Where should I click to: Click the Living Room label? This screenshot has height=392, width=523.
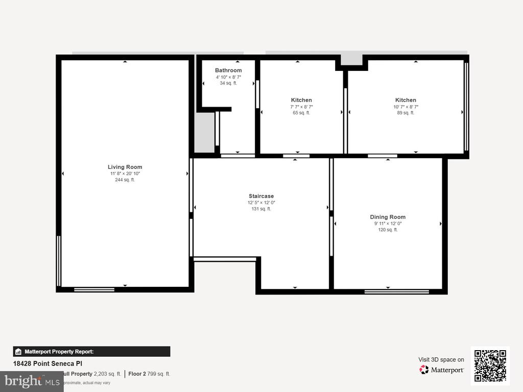(x=125, y=167)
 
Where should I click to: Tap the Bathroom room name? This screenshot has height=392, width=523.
(x=228, y=70)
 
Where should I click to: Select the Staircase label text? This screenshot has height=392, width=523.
(x=261, y=196)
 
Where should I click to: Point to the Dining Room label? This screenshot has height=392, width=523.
(x=387, y=217)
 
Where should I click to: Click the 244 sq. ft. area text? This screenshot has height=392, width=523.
(x=125, y=180)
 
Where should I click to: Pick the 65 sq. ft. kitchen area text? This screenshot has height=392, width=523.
(x=301, y=113)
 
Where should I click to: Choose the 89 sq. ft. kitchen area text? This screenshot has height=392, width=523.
(x=406, y=113)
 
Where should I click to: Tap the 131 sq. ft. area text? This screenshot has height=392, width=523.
(x=261, y=209)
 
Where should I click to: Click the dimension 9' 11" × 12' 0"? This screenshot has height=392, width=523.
(x=387, y=224)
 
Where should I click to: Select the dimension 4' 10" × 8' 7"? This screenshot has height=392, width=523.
(x=228, y=77)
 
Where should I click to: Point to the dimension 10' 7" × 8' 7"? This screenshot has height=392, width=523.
(x=406, y=107)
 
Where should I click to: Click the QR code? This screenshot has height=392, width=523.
(x=490, y=365)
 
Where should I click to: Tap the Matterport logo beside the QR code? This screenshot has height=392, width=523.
(x=442, y=370)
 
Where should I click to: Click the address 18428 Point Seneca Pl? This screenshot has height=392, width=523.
(x=47, y=363)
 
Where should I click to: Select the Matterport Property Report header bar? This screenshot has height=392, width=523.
(x=91, y=351)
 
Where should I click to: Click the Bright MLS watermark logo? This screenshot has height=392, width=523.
(x=32, y=381)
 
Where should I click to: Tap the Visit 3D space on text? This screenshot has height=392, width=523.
(x=441, y=359)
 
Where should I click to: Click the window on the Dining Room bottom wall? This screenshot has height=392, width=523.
(x=396, y=291)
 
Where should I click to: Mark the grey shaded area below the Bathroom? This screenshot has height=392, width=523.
(x=204, y=132)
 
